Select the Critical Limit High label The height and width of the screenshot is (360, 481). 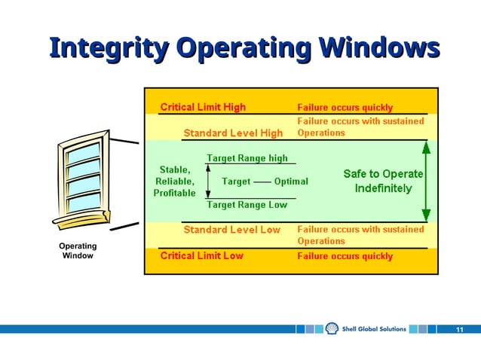point(203,107)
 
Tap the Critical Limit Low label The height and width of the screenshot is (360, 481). point(201,256)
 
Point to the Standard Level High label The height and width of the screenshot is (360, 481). point(233,133)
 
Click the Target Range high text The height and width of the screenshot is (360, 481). point(247,158)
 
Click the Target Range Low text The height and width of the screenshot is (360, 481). point(247,205)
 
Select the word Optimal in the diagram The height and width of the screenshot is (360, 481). point(291,182)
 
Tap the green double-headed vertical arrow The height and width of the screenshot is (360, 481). point(427,181)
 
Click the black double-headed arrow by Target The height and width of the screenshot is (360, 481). point(209,182)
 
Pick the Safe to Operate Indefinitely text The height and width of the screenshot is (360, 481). point(383,181)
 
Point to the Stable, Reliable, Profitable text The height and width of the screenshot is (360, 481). point(174,182)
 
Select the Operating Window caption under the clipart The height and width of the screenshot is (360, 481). point(78,251)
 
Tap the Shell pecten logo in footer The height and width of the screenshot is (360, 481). point(332,329)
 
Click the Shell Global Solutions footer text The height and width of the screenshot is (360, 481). point(374,329)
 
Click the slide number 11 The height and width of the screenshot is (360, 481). point(460,330)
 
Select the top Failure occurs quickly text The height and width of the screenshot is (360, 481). point(345,108)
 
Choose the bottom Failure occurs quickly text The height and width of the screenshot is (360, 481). point(345,256)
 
